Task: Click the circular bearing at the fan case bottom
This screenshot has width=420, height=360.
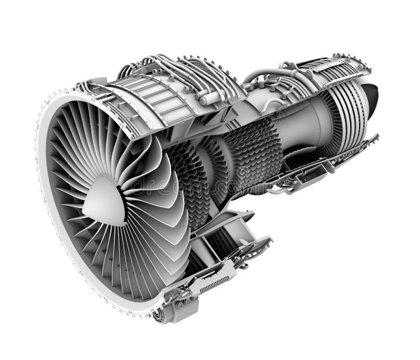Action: click(157, 314)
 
